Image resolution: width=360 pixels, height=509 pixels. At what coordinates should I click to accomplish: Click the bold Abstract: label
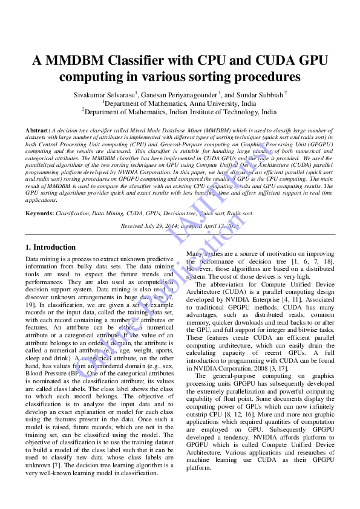pyautogui.click(x=38, y=131)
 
